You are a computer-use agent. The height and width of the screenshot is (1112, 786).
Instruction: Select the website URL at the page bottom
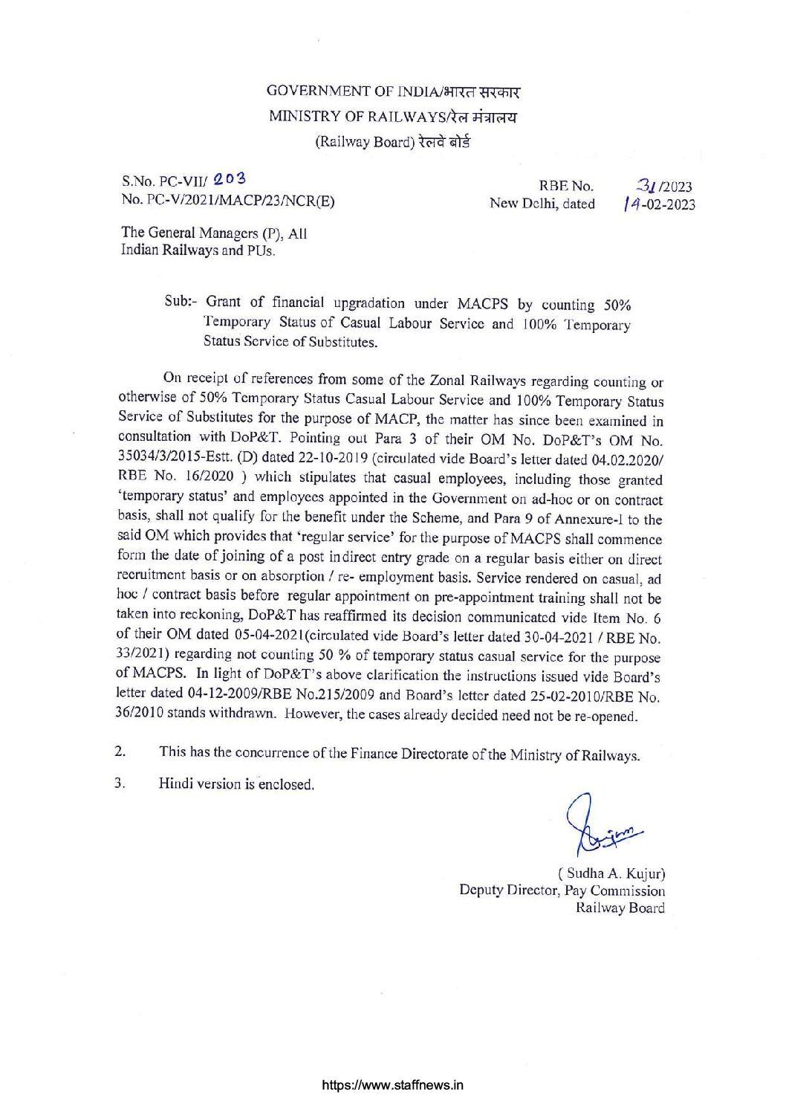(393, 1084)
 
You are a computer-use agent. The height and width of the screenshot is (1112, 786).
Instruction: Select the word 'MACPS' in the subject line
(482, 303)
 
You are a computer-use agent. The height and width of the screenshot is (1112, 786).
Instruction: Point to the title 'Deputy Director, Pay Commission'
(562, 890)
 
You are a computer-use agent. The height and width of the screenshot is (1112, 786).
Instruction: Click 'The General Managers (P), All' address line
(214, 233)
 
